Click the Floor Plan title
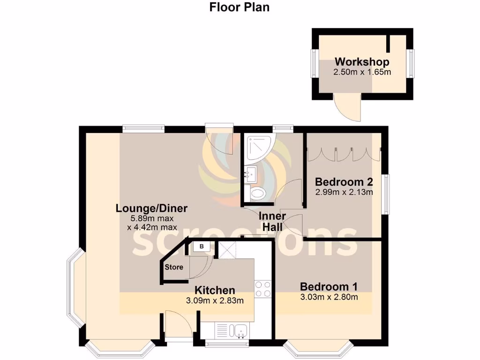239,7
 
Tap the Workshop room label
361,62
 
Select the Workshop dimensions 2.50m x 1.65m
361,72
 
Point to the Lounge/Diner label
151,209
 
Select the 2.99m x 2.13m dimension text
343,192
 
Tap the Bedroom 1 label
329,286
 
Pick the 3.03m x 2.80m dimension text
329,297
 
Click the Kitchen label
215,290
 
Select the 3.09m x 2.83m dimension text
215,300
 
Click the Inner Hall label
272,221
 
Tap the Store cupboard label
173,267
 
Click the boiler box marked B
202,246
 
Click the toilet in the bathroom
256,193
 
